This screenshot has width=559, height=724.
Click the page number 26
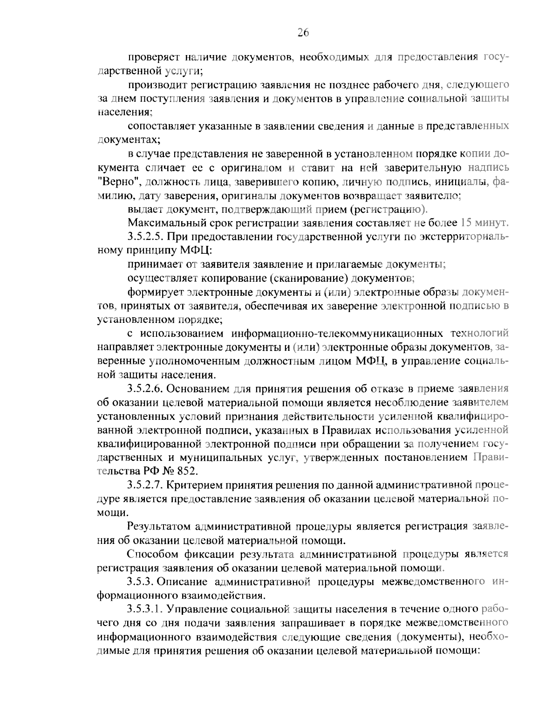[303, 32]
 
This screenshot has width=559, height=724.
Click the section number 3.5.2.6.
[146, 389]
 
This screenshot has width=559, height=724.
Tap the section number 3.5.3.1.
[146, 609]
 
